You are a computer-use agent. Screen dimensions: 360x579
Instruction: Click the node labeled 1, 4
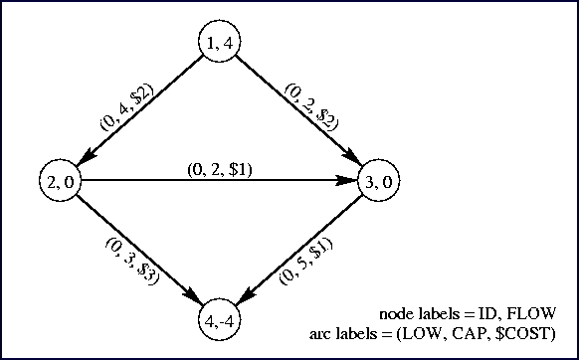[219, 43]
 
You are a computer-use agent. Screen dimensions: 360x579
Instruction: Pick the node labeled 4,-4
[219, 322]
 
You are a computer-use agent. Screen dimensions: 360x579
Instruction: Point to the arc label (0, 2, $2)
[312, 105]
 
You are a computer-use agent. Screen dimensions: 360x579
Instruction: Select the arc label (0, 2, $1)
[220, 169]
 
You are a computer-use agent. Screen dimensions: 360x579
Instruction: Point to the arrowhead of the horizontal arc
[348, 182]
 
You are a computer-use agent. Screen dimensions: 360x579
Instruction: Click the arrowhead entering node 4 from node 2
[193, 300]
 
